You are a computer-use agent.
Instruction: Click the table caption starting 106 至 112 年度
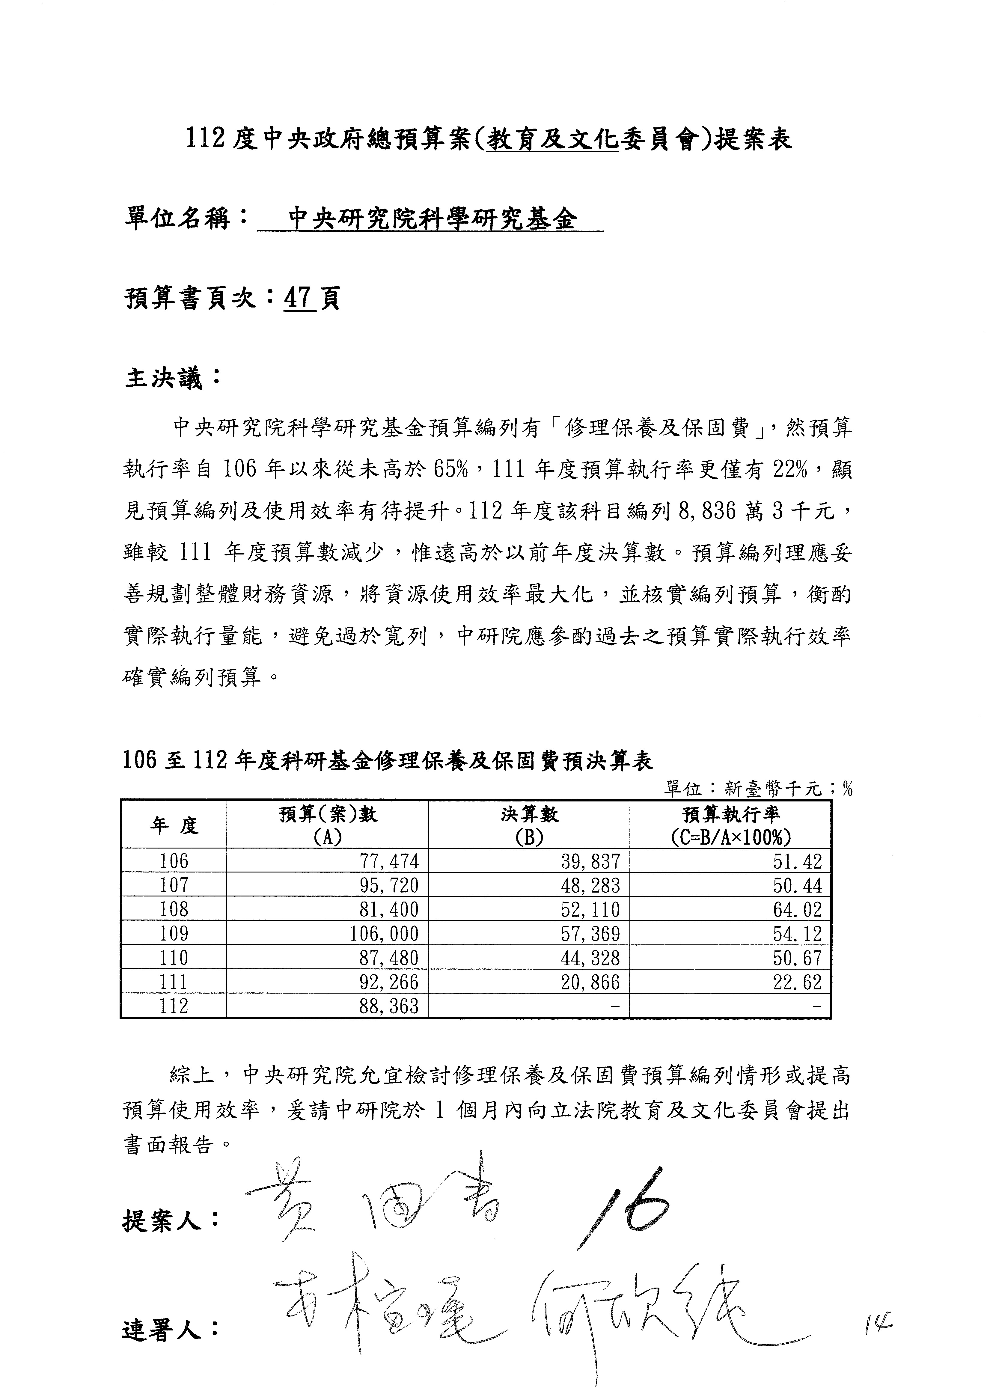[x=388, y=760]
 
